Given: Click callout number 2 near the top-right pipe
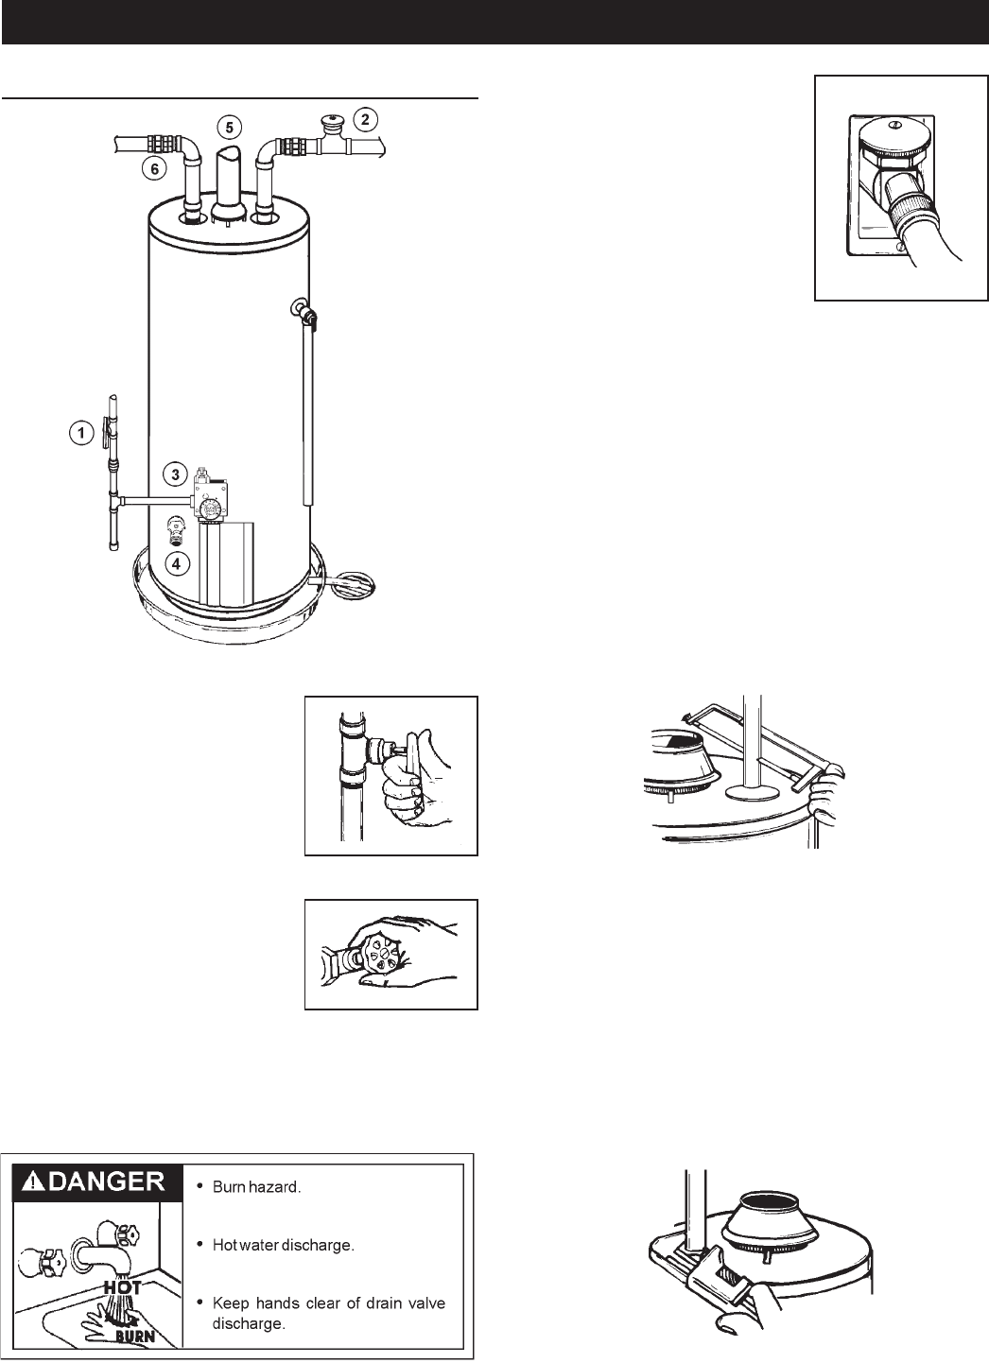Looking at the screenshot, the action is click(x=364, y=119).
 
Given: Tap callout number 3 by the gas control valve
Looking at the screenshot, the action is click(x=175, y=473).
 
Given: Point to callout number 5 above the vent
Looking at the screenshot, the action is click(x=228, y=125).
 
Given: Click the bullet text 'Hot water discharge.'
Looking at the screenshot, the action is click(x=283, y=1245).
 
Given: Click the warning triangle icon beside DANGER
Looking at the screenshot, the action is click(x=32, y=1182).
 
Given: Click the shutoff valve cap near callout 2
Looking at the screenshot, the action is click(x=330, y=124).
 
